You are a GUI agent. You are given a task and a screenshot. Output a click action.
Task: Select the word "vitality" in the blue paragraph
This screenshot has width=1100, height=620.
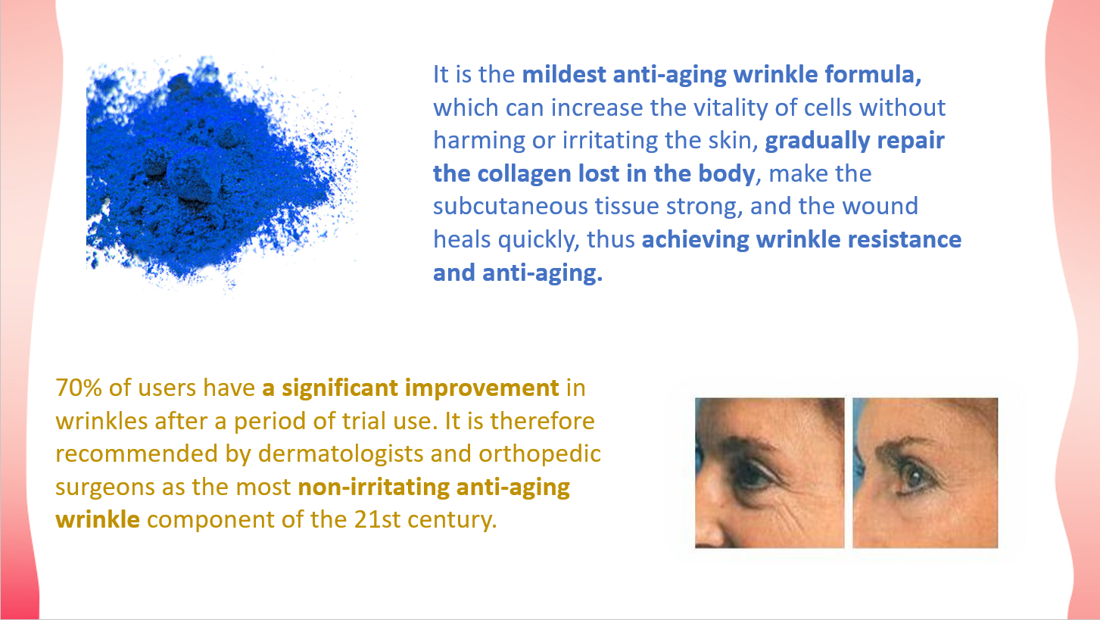(708, 108)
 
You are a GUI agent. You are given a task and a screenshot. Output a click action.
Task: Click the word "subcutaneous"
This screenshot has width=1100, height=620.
(510, 207)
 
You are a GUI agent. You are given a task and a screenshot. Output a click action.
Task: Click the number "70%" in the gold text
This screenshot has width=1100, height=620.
(79, 388)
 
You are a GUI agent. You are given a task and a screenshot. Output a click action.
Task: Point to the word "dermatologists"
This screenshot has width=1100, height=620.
(341, 454)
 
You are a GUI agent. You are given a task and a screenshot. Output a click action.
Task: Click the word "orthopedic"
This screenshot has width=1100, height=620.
(541, 454)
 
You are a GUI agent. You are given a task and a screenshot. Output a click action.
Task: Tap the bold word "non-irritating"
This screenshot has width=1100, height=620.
(374, 488)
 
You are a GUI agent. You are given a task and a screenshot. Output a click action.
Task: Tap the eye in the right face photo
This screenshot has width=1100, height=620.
(912, 478)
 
